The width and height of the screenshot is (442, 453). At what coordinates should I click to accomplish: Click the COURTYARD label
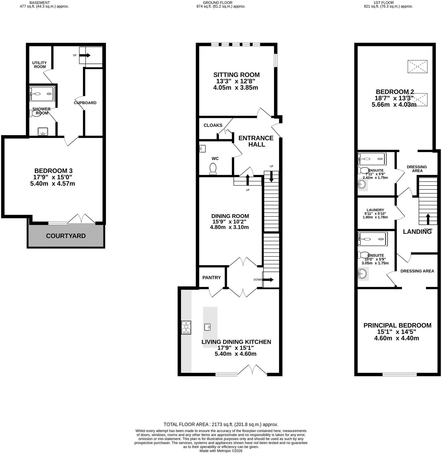(66, 236)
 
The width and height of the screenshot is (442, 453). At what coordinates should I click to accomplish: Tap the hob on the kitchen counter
(186, 328)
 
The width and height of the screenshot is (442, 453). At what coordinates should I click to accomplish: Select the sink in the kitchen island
(208, 327)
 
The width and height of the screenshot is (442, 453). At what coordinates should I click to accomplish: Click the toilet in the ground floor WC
(213, 169)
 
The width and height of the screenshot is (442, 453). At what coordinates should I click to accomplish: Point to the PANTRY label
(212, 278)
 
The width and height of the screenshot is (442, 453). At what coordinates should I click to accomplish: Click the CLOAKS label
(213, 125)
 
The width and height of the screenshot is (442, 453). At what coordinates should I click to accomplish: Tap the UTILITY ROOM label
(40, 65)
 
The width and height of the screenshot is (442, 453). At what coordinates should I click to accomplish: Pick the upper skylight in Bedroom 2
(417, 67)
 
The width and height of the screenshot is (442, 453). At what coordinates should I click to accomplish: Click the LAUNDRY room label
(375, 210)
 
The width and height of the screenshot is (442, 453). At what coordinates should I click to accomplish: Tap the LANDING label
(417, 232)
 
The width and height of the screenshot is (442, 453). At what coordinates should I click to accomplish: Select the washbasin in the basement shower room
(43, 132)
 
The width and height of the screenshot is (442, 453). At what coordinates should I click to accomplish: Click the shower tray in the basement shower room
(42, 94)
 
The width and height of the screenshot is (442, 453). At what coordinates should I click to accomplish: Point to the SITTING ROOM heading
(236, 75)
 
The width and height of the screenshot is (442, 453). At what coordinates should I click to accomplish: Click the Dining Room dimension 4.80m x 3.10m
(229, 227)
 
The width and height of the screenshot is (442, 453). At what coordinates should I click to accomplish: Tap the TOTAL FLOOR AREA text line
(221, 425)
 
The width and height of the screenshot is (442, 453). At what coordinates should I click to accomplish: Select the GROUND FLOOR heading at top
(218, 3)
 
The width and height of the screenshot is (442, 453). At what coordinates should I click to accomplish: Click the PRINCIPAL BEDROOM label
(397, 326)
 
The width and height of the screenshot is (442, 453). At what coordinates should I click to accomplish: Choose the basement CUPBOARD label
(85, 103)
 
